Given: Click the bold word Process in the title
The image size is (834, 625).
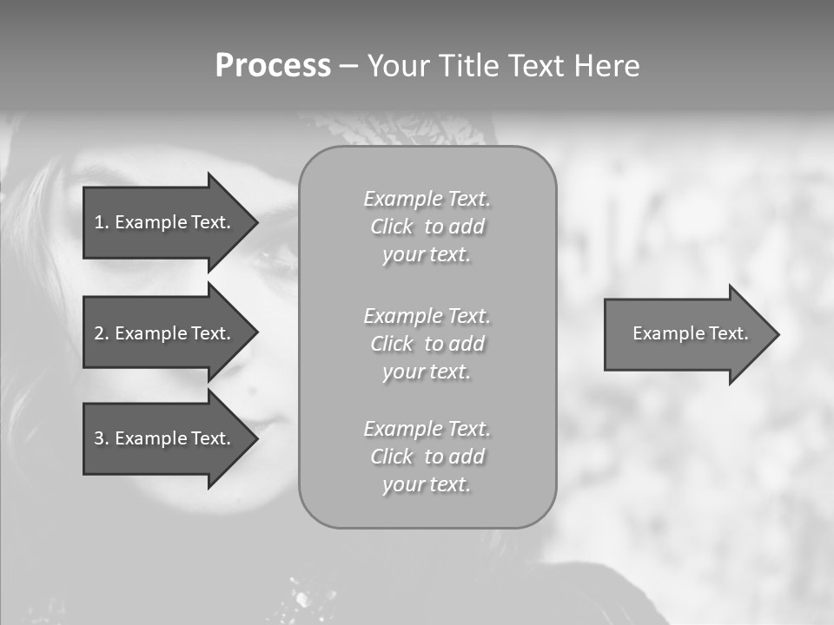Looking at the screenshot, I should [273, 66].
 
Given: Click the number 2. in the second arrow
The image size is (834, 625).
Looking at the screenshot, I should [101, 333].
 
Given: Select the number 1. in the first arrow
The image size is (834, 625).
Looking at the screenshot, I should [101, 222].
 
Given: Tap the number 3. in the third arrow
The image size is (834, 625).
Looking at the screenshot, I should [101, 438].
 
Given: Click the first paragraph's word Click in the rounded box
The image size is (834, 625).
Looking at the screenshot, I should [392, 227].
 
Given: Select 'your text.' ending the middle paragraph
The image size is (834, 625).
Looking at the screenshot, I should [427, 372].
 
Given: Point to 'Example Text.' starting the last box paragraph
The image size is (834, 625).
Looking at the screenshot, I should [427, 429].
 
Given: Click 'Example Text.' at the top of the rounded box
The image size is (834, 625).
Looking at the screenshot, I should [427, 200].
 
